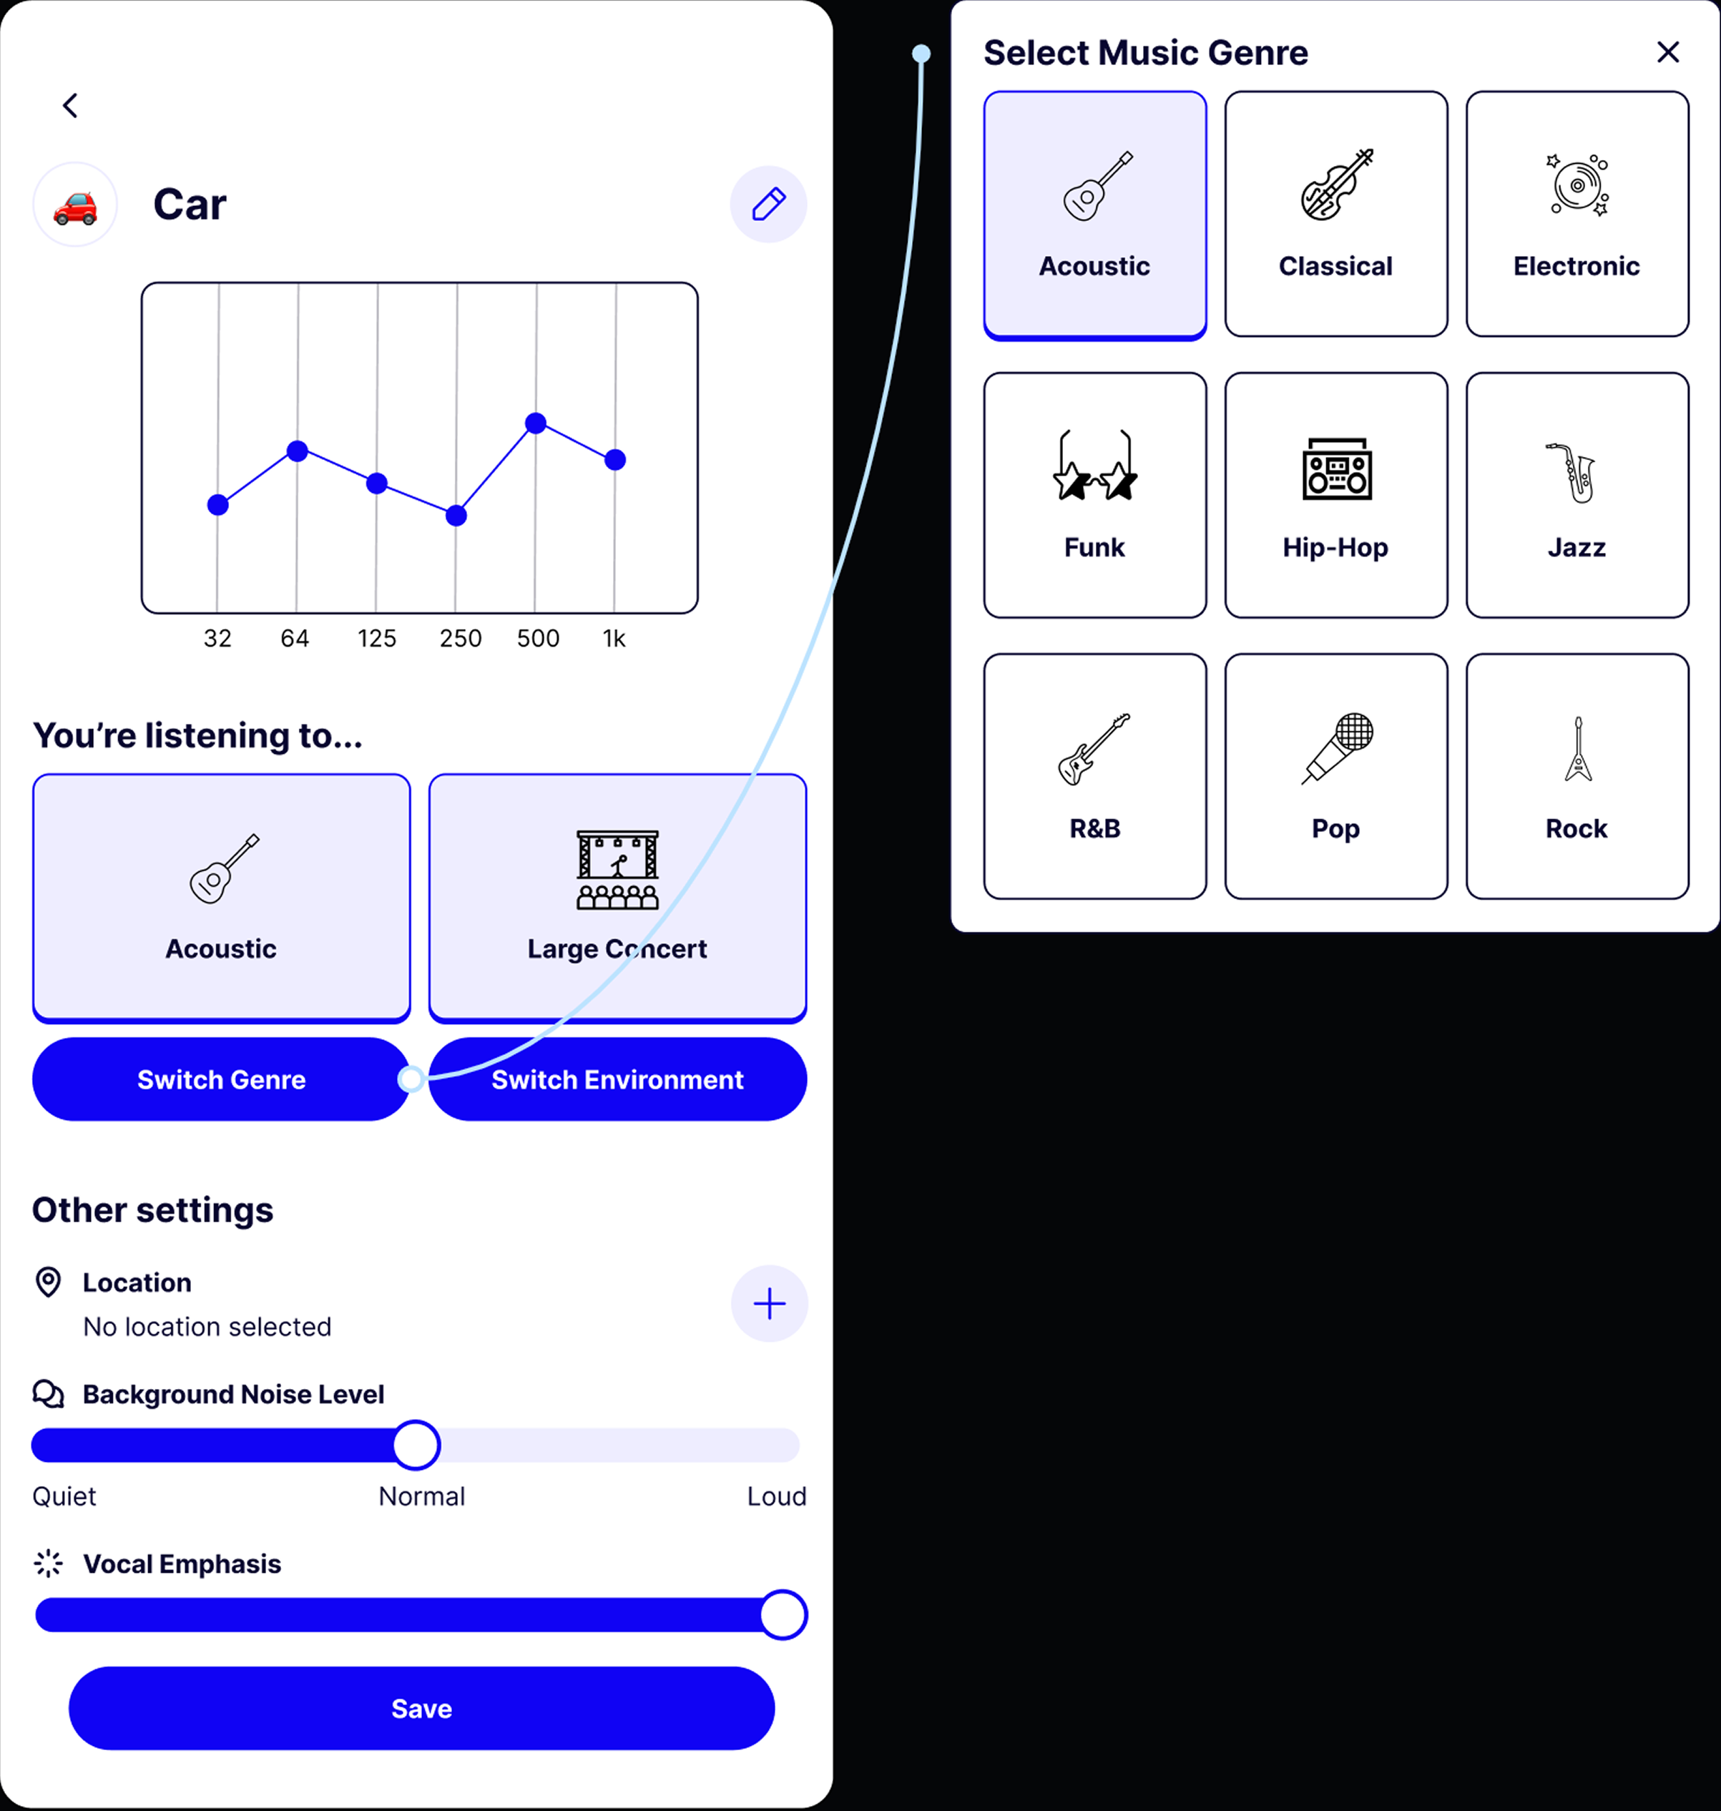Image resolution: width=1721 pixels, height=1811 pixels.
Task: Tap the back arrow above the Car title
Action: tap(69, 106)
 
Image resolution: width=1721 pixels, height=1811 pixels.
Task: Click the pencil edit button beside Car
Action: tap(769, 204)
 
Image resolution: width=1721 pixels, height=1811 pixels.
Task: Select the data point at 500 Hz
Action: tap(536, 423)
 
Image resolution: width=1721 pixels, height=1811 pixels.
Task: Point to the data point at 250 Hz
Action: tap(456, 516)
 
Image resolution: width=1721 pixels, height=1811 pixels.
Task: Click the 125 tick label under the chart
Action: tap(377, 639)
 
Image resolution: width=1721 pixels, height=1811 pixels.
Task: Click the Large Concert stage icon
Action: tap(617, 869)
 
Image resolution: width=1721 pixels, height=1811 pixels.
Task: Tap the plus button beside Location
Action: tap(769, 1304)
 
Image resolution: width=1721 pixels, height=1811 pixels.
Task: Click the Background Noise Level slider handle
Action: tap(416, 1445)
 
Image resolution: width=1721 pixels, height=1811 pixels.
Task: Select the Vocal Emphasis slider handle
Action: tap(783, 1615)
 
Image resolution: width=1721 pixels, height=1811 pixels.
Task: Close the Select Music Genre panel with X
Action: tap(1668, 52)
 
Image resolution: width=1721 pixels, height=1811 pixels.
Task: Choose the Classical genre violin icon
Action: tap(1337, 185)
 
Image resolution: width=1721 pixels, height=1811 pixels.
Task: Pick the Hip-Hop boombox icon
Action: tap(1337, 468)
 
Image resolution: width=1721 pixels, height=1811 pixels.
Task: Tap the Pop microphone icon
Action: tap(1337, 747)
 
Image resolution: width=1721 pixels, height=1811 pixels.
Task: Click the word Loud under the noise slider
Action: tap(776, 1496)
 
